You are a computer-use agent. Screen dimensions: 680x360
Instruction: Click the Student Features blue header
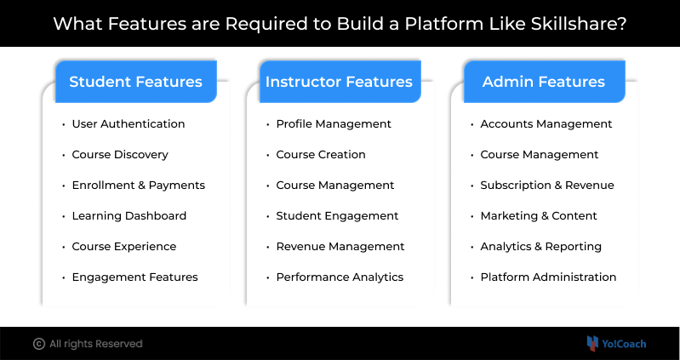(x=135, y=82)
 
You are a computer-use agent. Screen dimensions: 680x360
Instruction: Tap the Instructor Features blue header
(x=340, y=82)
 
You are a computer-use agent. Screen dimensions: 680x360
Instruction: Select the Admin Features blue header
(x=545, y=82)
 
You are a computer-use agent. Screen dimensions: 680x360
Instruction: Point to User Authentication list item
(x=129, y=124)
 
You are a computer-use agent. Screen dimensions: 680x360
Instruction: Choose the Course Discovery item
(x=120, y=154)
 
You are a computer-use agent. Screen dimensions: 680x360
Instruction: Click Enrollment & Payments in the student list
(x=139, y=186)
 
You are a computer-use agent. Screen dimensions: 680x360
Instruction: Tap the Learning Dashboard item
(x=129, y=216)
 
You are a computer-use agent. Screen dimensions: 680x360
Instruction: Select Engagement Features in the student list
(x=134, y=277)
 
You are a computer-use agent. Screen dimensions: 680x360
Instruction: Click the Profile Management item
(x=334, y=124)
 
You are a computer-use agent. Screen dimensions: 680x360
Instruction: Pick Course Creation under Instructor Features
(x=321, y=154)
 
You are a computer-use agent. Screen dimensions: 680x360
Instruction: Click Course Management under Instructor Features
(x=335, y=186)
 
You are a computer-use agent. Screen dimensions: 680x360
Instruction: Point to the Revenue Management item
(x=340, y=246)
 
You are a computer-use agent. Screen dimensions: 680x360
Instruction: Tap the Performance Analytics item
(x=340, y=277)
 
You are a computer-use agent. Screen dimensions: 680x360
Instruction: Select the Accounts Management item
(x=546, y=124)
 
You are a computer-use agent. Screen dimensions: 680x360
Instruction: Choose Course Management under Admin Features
(x=540, y=154)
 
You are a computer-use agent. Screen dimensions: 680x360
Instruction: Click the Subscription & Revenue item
(x=547, y=186)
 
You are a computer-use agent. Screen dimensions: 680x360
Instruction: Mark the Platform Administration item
(x=548, y=277)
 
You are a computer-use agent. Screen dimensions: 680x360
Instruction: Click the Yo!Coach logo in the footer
(x=616, y=344)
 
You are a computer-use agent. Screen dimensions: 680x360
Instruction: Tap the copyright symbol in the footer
(x=39, y=344)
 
